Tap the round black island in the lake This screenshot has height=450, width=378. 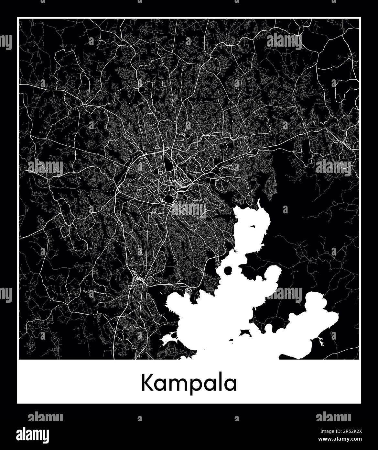(x=228, y=270)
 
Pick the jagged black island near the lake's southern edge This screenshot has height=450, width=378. (x=246, y=332)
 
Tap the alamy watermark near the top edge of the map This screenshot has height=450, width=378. (x=284, y=41)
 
